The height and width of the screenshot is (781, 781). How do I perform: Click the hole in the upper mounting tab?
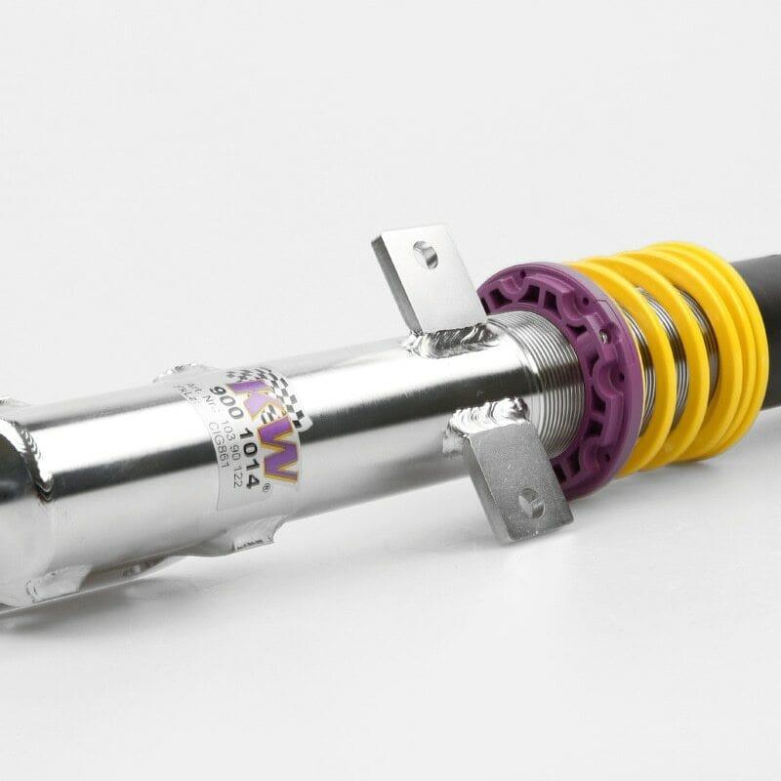(x=425, y=256)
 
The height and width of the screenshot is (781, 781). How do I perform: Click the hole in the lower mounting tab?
(x=528, y=505)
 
